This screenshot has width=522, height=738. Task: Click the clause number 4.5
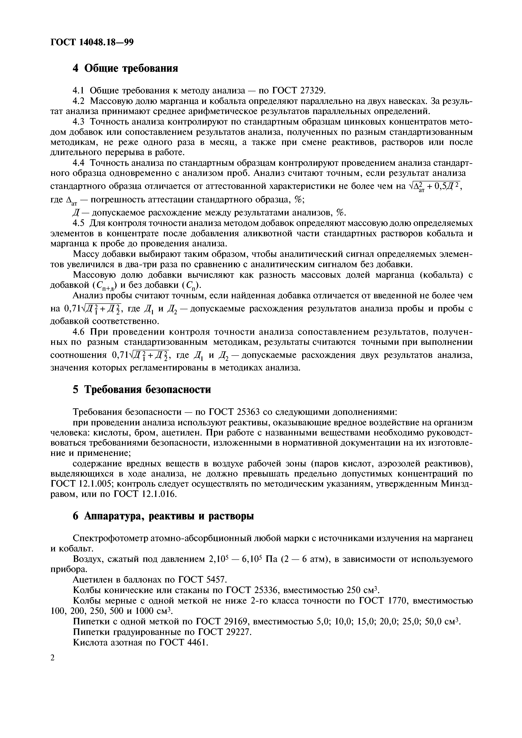(79, 223)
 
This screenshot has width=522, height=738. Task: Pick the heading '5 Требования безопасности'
(142, 390)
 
